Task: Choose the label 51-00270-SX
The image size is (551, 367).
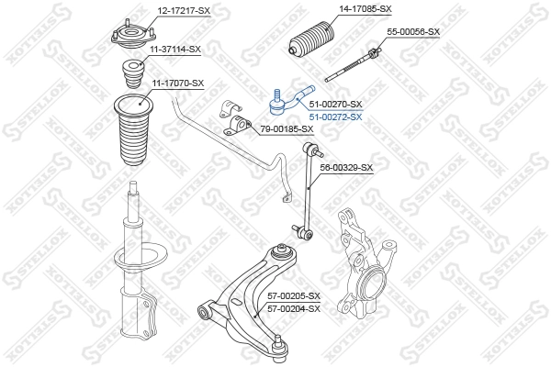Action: click(x=335, y=105)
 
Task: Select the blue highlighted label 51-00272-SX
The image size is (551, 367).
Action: click(x=335, y=117)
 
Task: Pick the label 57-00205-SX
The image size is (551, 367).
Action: click(x=293, y=296)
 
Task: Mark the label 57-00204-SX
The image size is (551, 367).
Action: click(x=293, y=308)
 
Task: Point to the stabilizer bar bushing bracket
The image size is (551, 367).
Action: click(x=237, y=119)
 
